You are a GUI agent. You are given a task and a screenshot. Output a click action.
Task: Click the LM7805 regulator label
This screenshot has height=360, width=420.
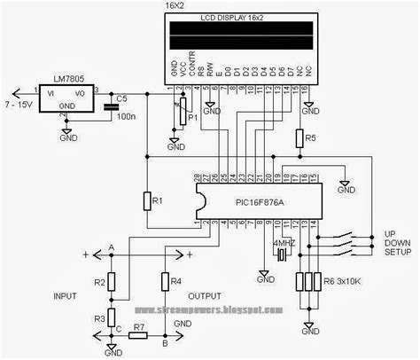(x=55, y=81)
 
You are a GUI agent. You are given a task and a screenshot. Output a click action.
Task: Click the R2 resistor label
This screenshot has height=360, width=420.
(x=100, y=282)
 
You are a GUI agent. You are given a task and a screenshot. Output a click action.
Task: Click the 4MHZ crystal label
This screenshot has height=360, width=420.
(x=284, y=240)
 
